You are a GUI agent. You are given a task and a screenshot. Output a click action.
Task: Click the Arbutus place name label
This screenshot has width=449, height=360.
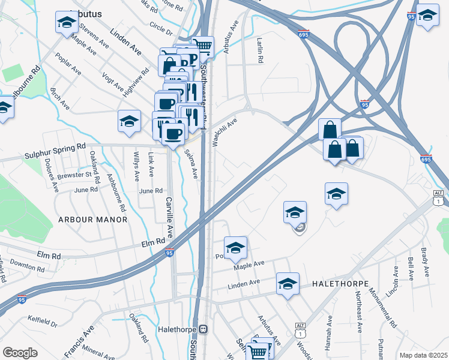click(85, 13)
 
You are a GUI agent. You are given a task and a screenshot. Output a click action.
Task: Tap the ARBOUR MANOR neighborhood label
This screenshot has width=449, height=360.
click(93, 220)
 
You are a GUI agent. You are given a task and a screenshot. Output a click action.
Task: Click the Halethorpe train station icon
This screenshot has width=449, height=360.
click(203, 329)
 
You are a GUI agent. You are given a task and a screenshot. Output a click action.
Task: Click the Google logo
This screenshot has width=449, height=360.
click(20, 353)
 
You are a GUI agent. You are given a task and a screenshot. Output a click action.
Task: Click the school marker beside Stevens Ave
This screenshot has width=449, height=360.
click(66, 22)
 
